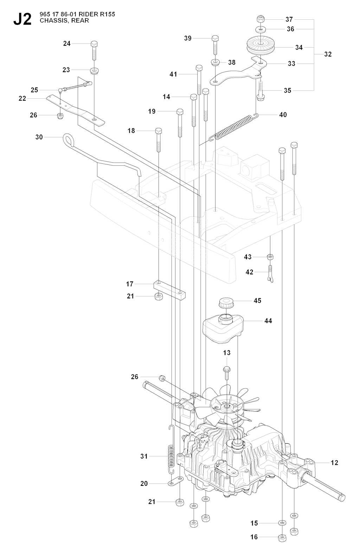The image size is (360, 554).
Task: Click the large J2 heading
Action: pyautogui.click(x=22, y=19)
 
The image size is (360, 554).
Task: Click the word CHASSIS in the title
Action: pyautogui.click(x=51, y=20)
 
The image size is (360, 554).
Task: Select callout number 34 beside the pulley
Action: pyautogui.click(x=299, y=47)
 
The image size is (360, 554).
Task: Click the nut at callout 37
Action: pyautogui.click(x=261, y=19)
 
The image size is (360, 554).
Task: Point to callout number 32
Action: pyautogui.click(x=328, y=54)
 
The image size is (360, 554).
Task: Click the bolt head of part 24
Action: pyautogui.click(x=94, y=44)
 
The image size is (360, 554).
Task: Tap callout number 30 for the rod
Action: pyautogui.click(x=39, y=137)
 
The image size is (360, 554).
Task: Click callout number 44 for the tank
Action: pyautogui.click(x=268, y=321)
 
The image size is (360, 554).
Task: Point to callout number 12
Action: pyautogui.click(x=334, y=463)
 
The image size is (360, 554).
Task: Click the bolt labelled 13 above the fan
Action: pyautogui.click(x=226, y=369)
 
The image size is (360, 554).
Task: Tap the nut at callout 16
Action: pyautogui.click(x=282, y=537)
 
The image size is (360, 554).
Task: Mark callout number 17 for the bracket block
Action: pyautogui.click(x=130, y=283)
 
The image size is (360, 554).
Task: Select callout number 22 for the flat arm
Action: pyautogui.click(x=22, y=98)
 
